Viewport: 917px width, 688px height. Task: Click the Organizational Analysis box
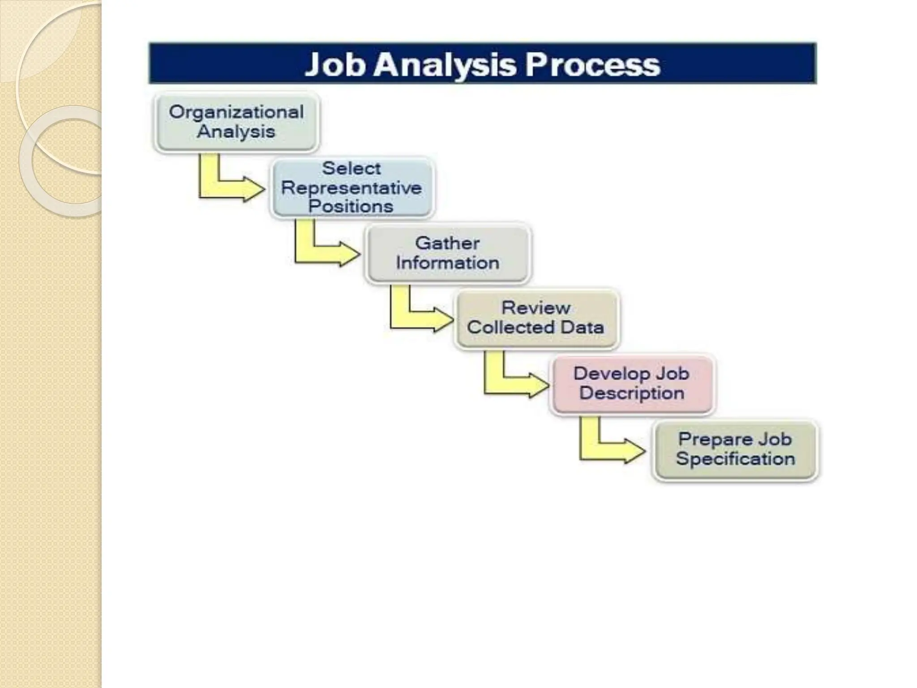click(236, 122)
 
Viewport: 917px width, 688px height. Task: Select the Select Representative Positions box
click(352, 188)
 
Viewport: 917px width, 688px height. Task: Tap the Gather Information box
click(447, 253)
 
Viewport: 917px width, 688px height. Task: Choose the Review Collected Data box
click(536, 318)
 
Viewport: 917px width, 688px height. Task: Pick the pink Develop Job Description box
click(631, 384)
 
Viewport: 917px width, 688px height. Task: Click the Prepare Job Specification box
click(735, 449)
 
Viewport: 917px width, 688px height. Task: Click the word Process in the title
click(592, 64)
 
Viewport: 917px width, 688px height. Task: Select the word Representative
click(351, 188)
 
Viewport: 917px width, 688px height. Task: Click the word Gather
click(447, 243)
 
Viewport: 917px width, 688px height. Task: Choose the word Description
click(631, 393)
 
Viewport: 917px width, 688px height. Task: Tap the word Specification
click(735, 459)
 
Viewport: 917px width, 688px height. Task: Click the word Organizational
click(236, 112)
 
